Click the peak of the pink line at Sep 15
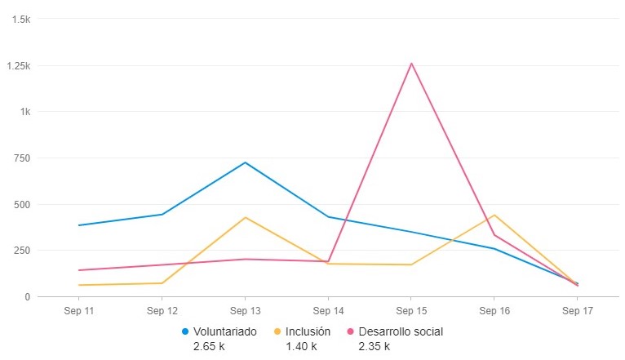point(411,63)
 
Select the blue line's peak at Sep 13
point(245,162)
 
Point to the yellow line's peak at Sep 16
point(494,215)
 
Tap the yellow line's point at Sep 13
point(245,217)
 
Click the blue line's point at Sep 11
point(79,225)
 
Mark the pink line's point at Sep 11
point(79,270)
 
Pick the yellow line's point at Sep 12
point(162,283)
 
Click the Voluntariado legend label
point(224,331)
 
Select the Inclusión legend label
point(308,331)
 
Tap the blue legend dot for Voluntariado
point(185,331)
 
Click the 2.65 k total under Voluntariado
point(209,346)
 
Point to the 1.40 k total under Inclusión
point(300,346)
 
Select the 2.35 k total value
point(374,346)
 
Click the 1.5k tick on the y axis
point(20,19)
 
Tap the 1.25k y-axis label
point(17,65)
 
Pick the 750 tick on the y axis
point(21,158)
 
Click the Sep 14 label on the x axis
point(328,311)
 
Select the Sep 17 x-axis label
point(577,311)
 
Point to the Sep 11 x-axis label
point(79,311)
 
